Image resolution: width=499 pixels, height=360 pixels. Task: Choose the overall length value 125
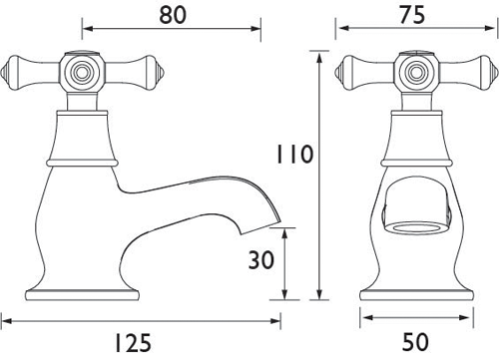140,343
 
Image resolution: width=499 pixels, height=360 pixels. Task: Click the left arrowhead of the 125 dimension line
5,320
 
